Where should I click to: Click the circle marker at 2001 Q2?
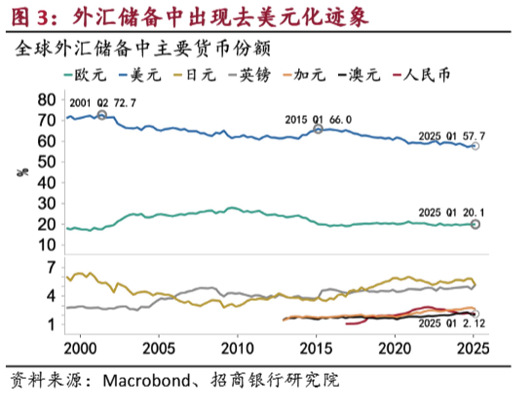tap(102, 115)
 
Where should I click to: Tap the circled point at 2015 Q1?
tap(318, 129)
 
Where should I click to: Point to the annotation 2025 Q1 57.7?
tap(452, 136)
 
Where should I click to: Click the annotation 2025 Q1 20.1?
tap(451, 213)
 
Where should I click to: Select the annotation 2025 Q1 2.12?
tap(452, 323)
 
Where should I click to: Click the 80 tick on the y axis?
tap(46, 100)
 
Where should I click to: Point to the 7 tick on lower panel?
tap(51, 267)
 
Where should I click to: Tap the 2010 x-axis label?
tap(237, 348)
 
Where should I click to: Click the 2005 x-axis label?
tap(159, 348)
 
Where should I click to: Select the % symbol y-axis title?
tap(22, 172)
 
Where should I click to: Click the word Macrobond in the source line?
tap(146, 380)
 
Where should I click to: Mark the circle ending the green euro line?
tap(475, 224)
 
